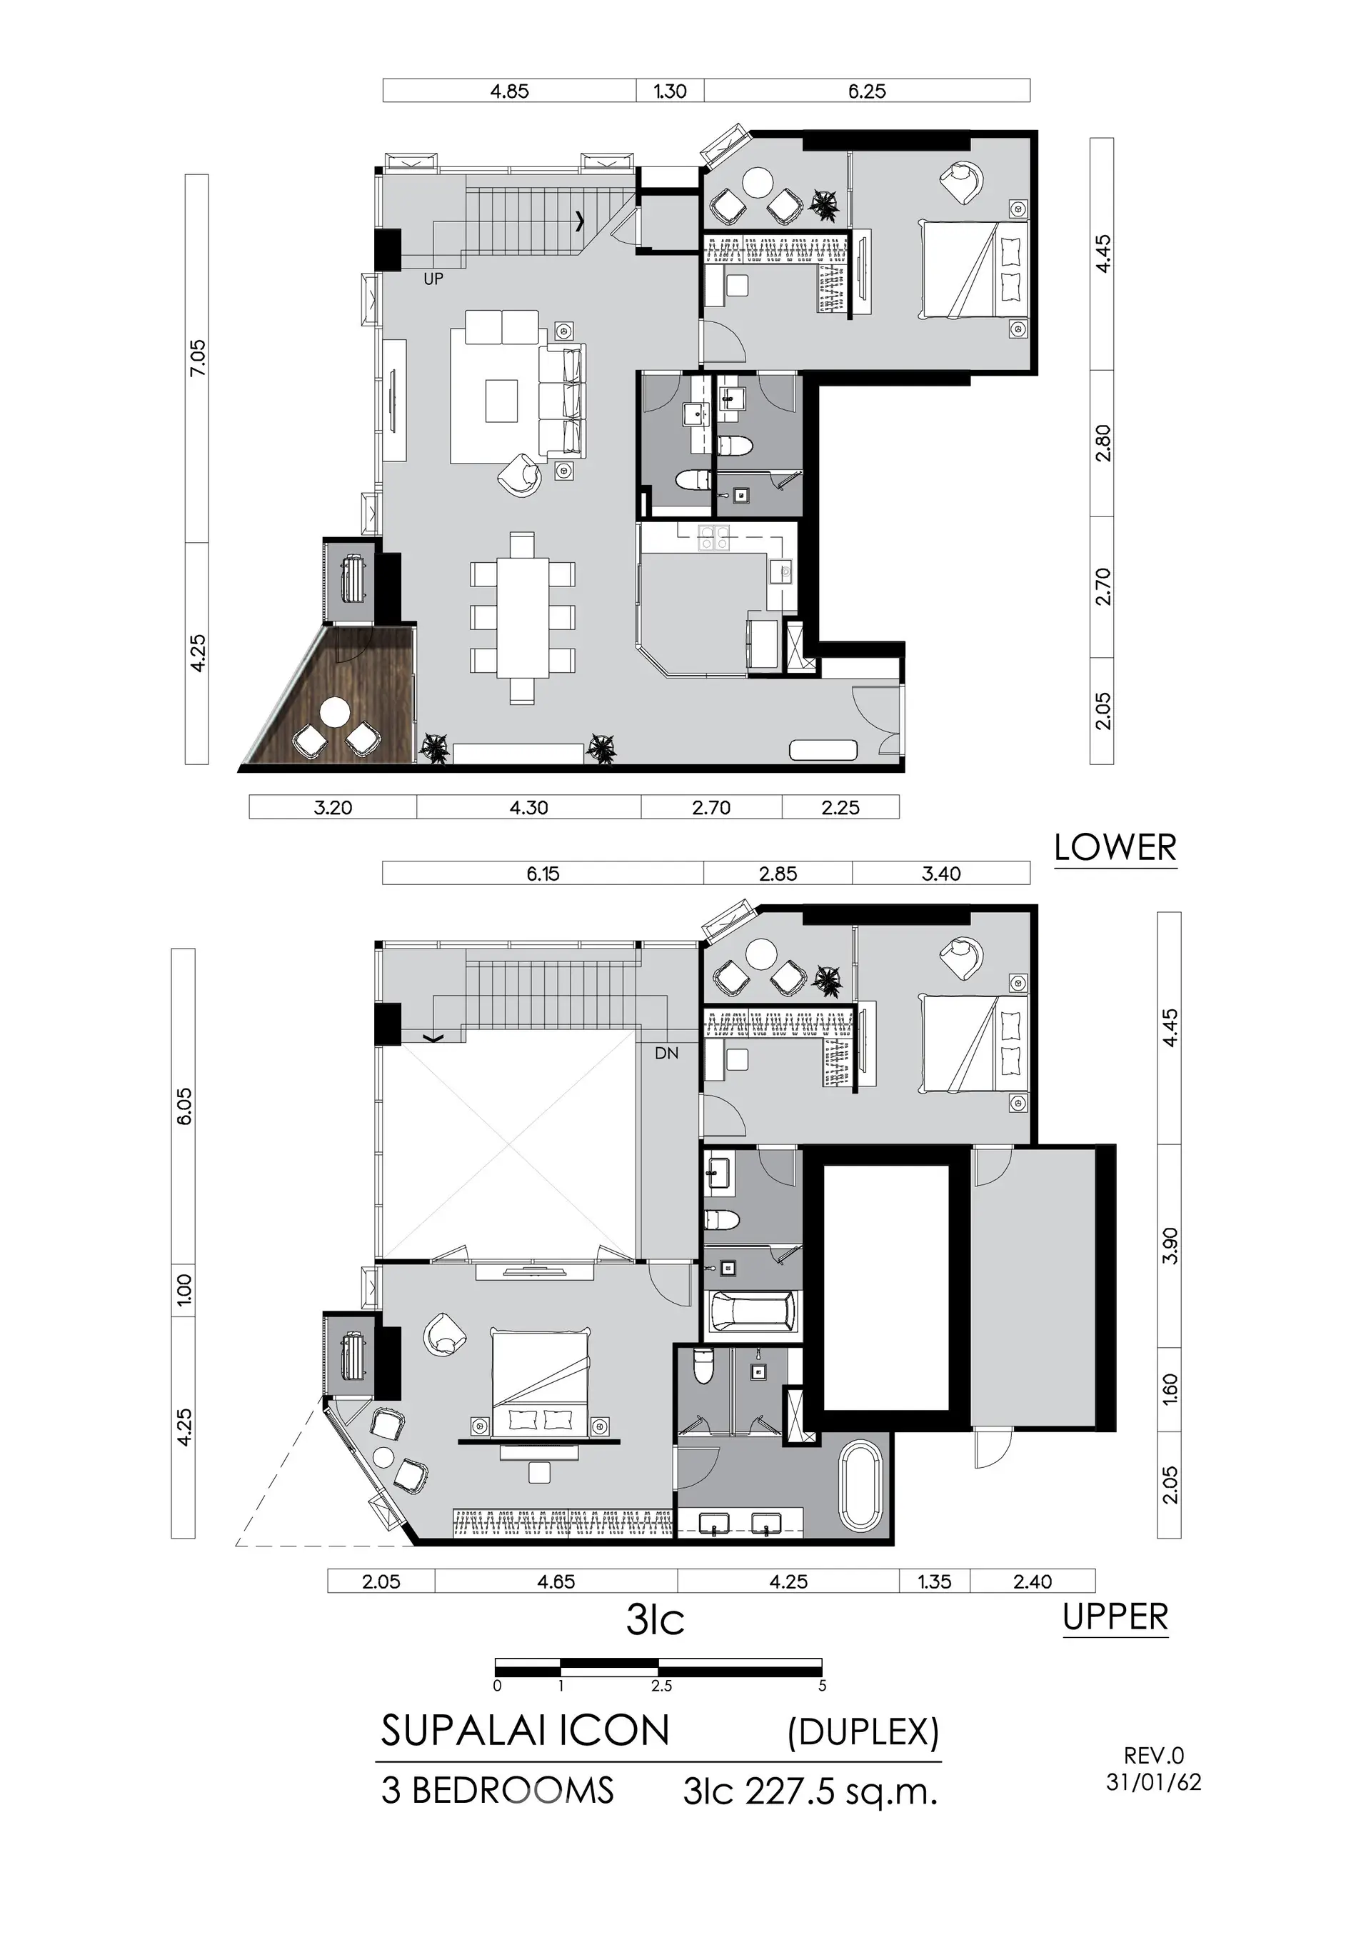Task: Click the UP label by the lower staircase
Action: click(433, 279)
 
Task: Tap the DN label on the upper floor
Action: click(666, 1054)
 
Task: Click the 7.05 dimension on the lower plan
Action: click(197, 359)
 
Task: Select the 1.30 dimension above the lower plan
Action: click(670, 91)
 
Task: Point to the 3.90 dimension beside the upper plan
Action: click(1170, 1246)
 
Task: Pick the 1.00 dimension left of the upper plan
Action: click(184, 1289)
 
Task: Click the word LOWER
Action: click(1115, 847)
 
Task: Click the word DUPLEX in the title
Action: click(863, 1732)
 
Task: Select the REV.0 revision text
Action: click(1154, 1756)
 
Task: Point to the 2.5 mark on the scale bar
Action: click(661, 1686)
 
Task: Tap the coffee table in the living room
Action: click(501, 401)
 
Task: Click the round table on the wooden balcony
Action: click(334, 711)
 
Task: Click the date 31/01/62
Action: click(1154, 1782)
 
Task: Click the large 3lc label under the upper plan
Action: click(656, 1620)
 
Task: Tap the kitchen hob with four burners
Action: click(714, 539)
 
